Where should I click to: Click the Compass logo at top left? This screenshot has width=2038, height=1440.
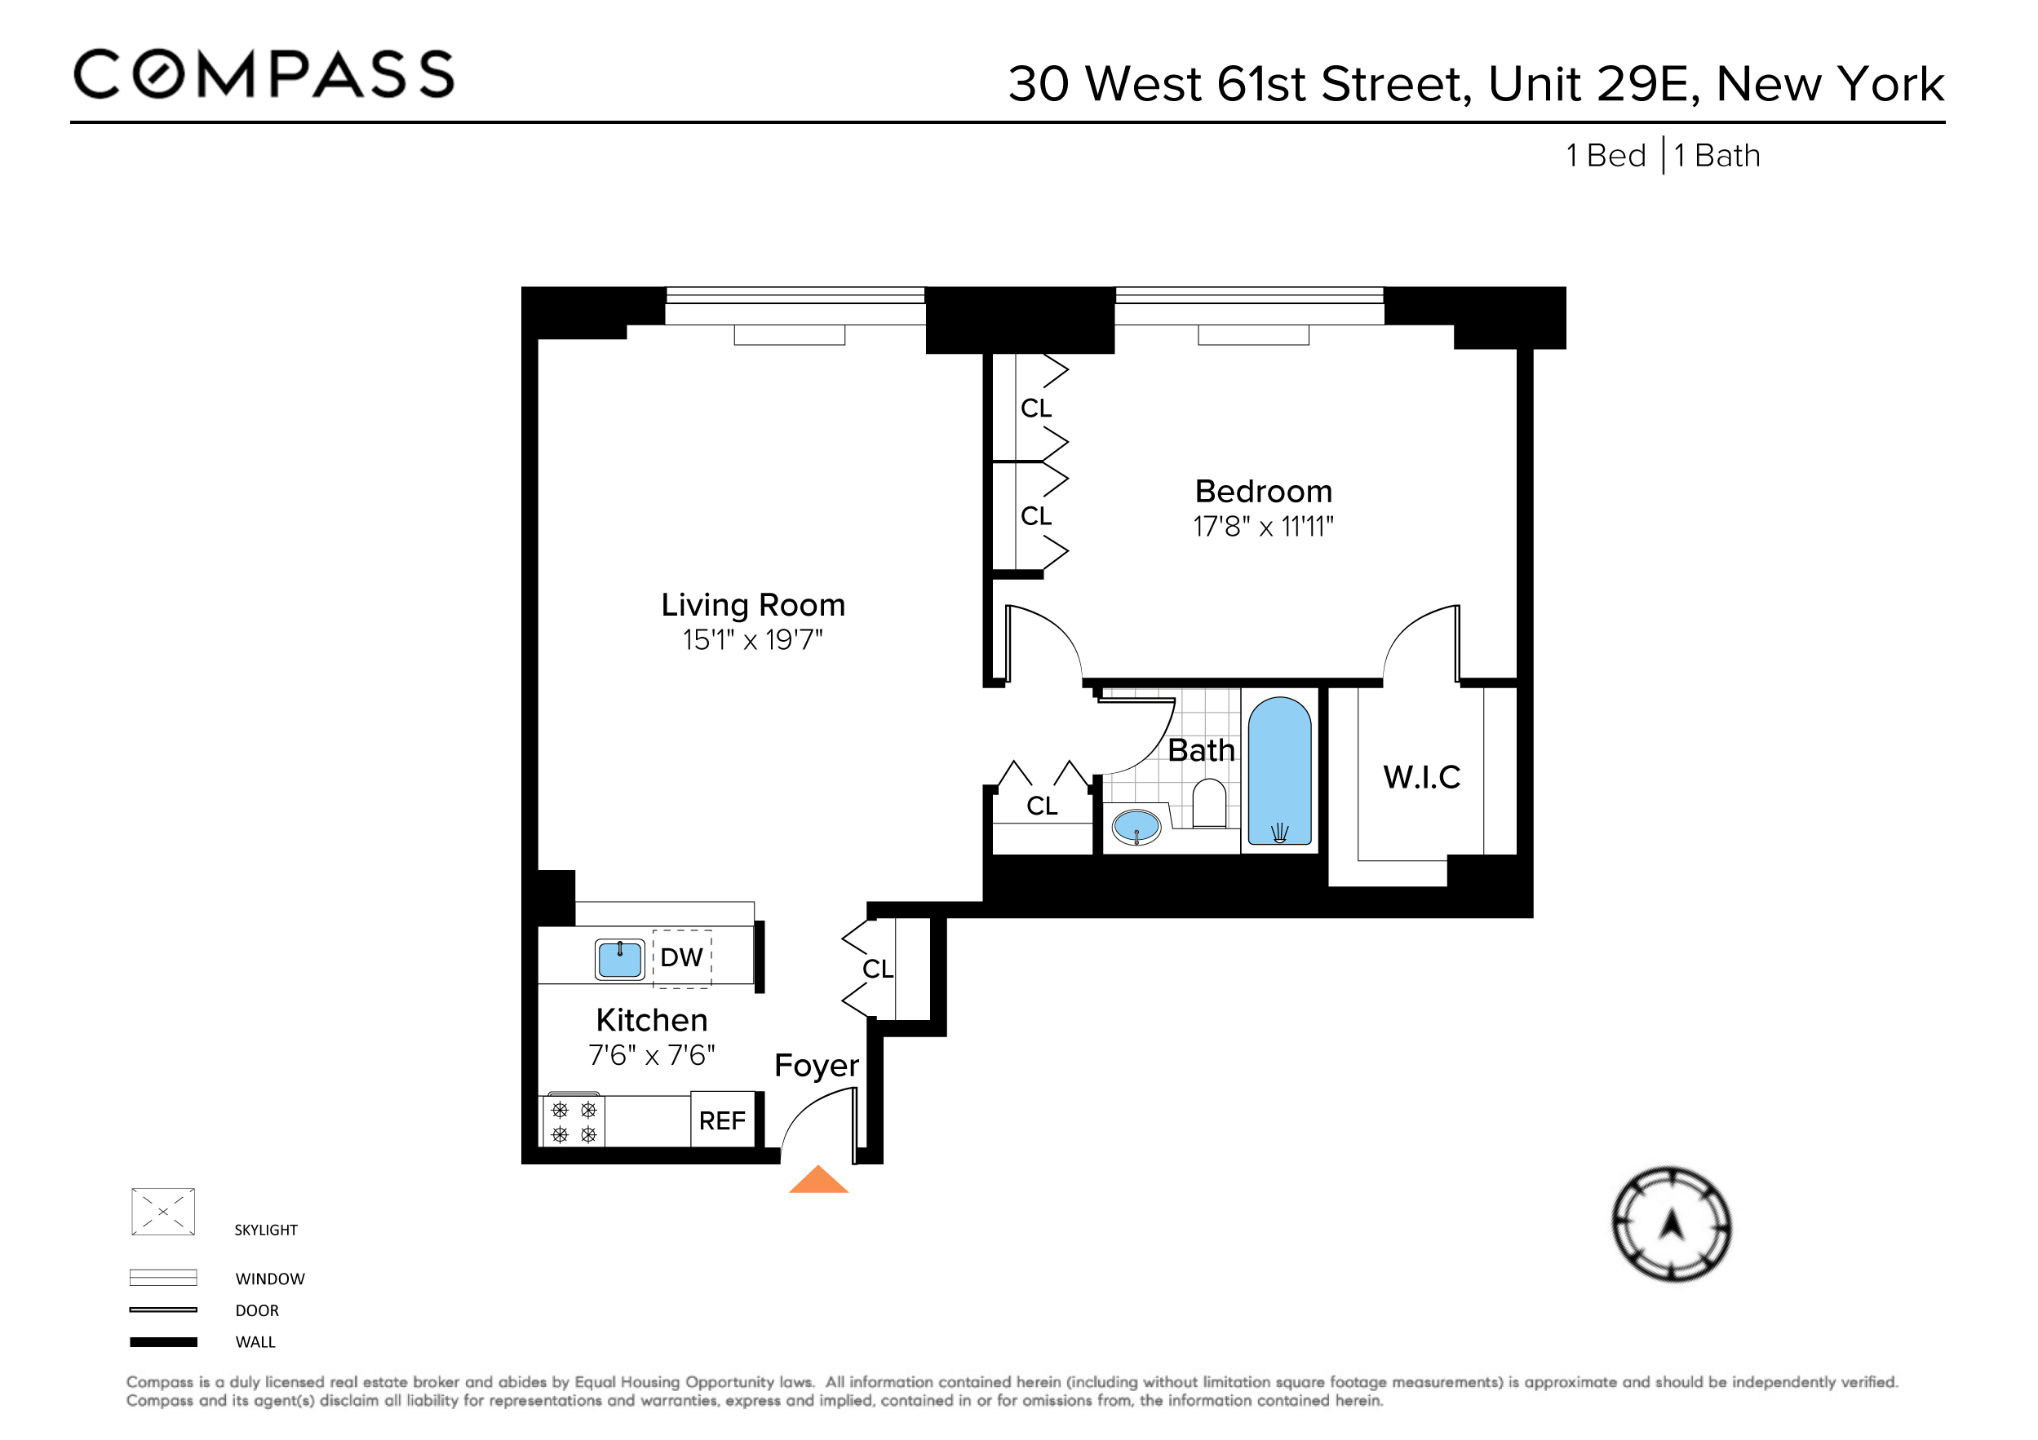264,73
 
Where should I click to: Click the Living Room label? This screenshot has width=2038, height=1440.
753,605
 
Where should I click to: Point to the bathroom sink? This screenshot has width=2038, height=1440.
1136,827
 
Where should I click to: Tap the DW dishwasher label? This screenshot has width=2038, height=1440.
682,957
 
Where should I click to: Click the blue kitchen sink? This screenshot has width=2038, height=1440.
619,959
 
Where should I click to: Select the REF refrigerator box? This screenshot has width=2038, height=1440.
722,1120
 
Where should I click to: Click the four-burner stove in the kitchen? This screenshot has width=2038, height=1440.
574,1121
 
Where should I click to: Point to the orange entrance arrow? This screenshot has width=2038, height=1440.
818,1181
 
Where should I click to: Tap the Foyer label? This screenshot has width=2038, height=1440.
816,1066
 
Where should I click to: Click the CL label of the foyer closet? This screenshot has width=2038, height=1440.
877,969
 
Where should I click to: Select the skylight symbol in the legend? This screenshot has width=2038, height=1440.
163,1212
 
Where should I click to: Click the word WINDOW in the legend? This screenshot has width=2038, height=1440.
270,1279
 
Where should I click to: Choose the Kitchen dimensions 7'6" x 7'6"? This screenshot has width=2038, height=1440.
652,1056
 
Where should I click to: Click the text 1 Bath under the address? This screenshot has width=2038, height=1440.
1717,157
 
